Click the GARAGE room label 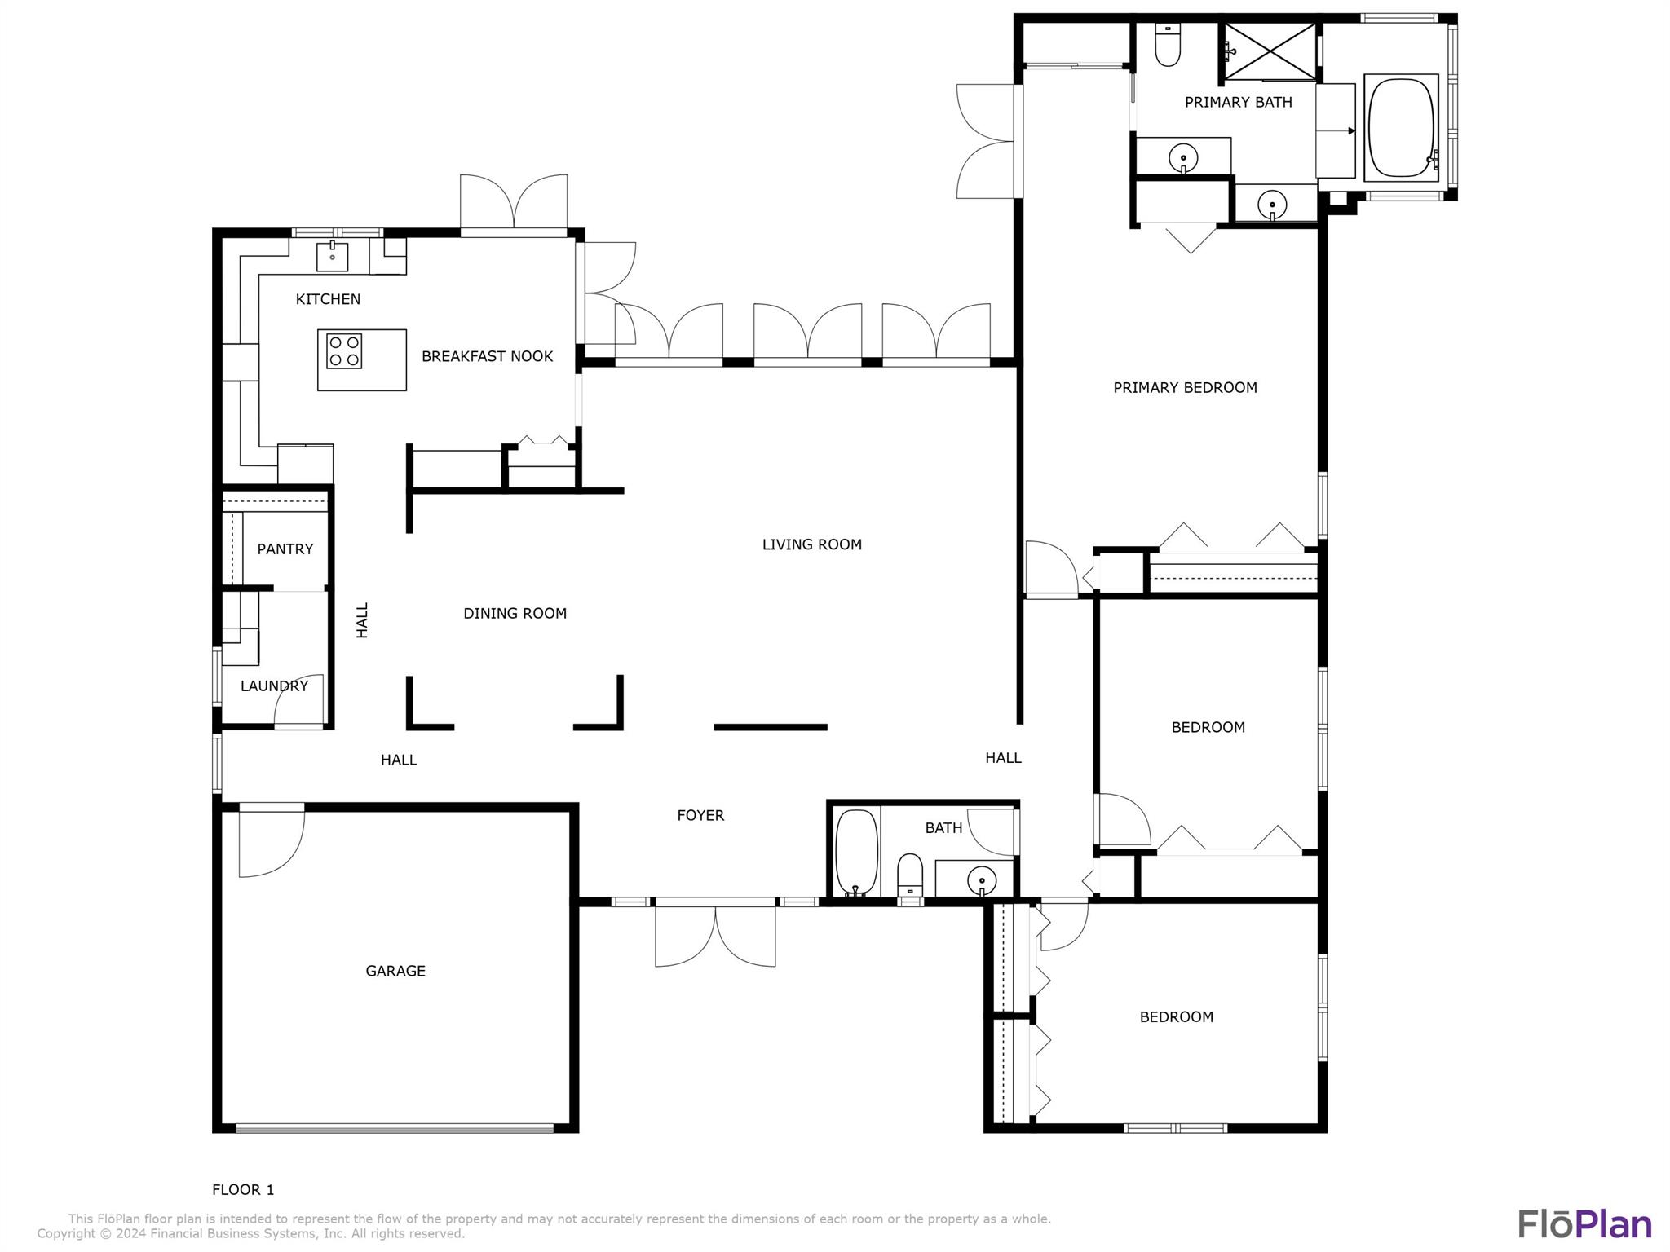coord(395,971)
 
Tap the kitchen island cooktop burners coord(344,351)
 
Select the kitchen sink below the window coord(333,256)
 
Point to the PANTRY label coord(285,549)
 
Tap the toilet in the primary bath coord(1168,46)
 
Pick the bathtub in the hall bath coord(856,853)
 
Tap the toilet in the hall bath coord(909,875)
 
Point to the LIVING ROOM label coord(812,544)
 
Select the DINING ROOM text coord(515,614)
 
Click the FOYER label coord(700,815)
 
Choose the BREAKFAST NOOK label coord(488,356)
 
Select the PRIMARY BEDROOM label coord(1186,388)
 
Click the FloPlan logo coord(1584,1224)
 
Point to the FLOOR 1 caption coord(243,1190)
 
